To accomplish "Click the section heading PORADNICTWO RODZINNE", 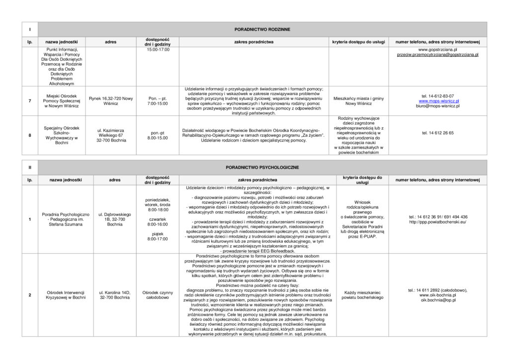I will tap(262, 30).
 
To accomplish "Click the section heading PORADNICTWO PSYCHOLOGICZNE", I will tap(262, 168).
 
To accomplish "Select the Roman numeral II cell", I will tap(29, 168).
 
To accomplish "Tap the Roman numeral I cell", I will tap(29, 30).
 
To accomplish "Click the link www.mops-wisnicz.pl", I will tap(437, 101).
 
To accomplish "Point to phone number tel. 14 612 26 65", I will tap(437, 133).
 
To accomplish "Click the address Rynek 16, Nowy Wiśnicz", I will tap(111, 101).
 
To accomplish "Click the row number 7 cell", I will tap(30, 101).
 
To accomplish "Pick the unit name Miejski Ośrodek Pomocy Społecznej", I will tap(62, 101).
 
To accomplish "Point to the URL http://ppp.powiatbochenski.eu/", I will tap(437, 222).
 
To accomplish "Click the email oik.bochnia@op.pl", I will tap(438, 300).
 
